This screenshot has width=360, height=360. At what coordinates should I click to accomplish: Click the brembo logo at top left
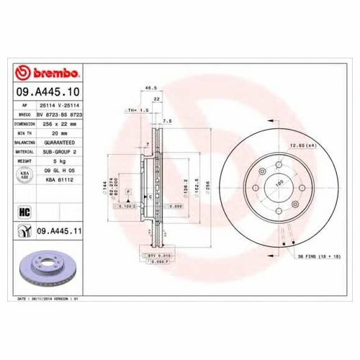[x=50, y=73]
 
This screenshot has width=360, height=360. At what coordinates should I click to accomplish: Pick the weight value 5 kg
[x=60, y=161]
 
